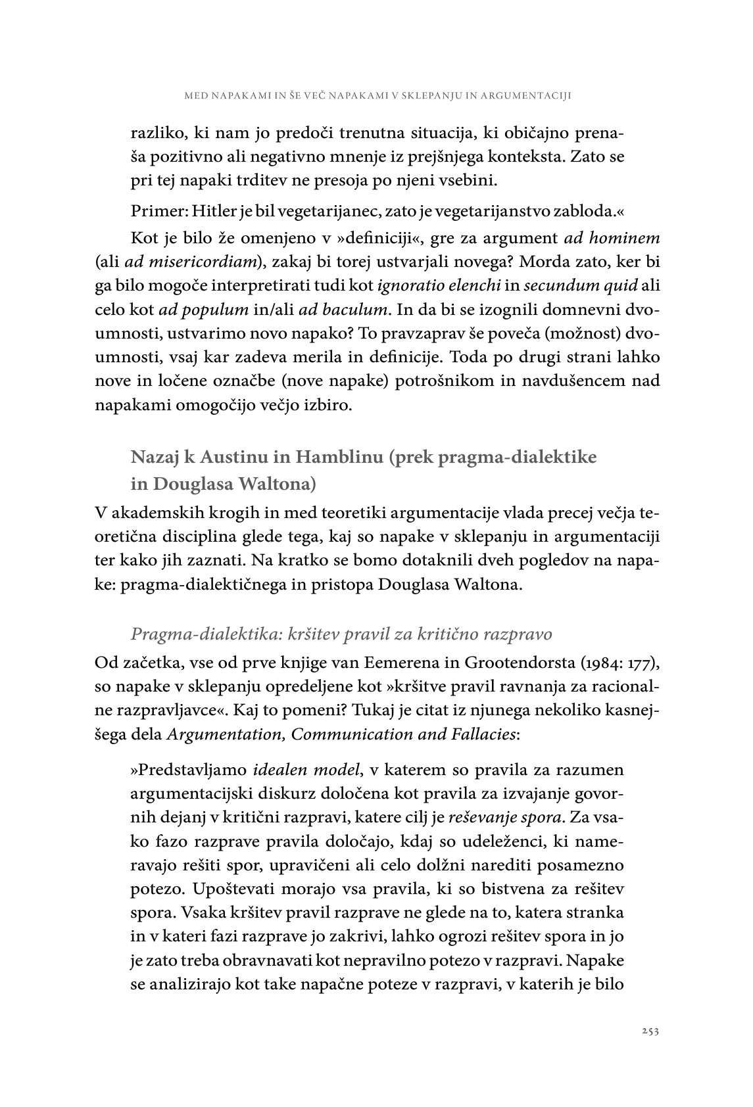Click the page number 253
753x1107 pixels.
[650, 1031]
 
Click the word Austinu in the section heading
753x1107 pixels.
[249, 456]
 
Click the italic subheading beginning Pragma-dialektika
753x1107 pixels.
[341, 634]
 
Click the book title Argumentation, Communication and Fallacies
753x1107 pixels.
[341, 734]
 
